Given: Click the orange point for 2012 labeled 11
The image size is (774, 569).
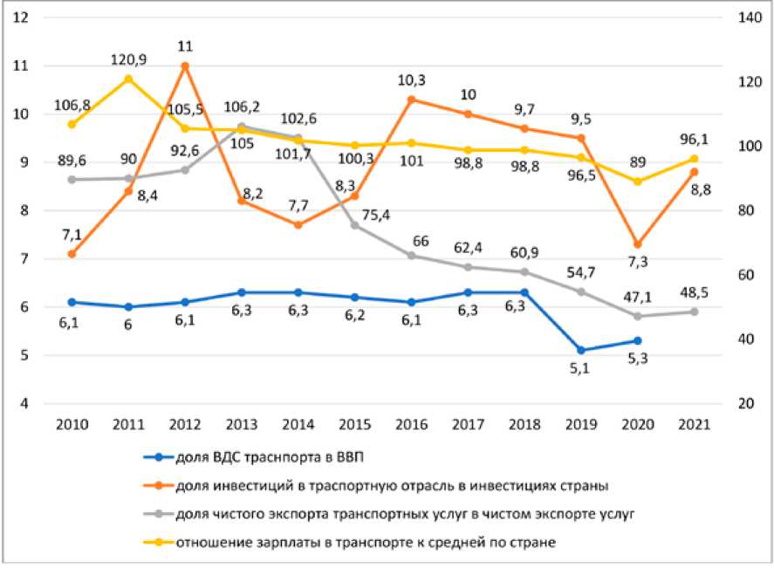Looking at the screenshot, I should tap(184, 65).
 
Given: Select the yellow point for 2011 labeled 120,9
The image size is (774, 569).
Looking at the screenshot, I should tap(128, 79).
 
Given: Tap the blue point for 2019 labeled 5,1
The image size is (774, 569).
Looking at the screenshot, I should tap(582, 350).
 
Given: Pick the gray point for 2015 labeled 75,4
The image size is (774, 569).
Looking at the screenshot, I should tap(354, 225).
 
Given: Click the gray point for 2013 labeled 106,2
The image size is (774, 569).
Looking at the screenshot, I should tap(242, 127).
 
